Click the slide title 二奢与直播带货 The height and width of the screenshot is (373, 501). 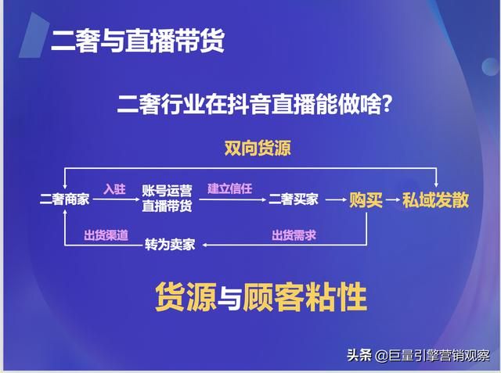click(137, 41)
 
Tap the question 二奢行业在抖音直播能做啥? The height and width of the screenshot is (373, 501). click(254, 102)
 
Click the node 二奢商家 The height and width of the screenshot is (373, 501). click(64, 200)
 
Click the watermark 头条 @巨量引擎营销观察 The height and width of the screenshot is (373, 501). click(419, 355)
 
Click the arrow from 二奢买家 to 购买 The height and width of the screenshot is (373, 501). click(334, 201)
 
